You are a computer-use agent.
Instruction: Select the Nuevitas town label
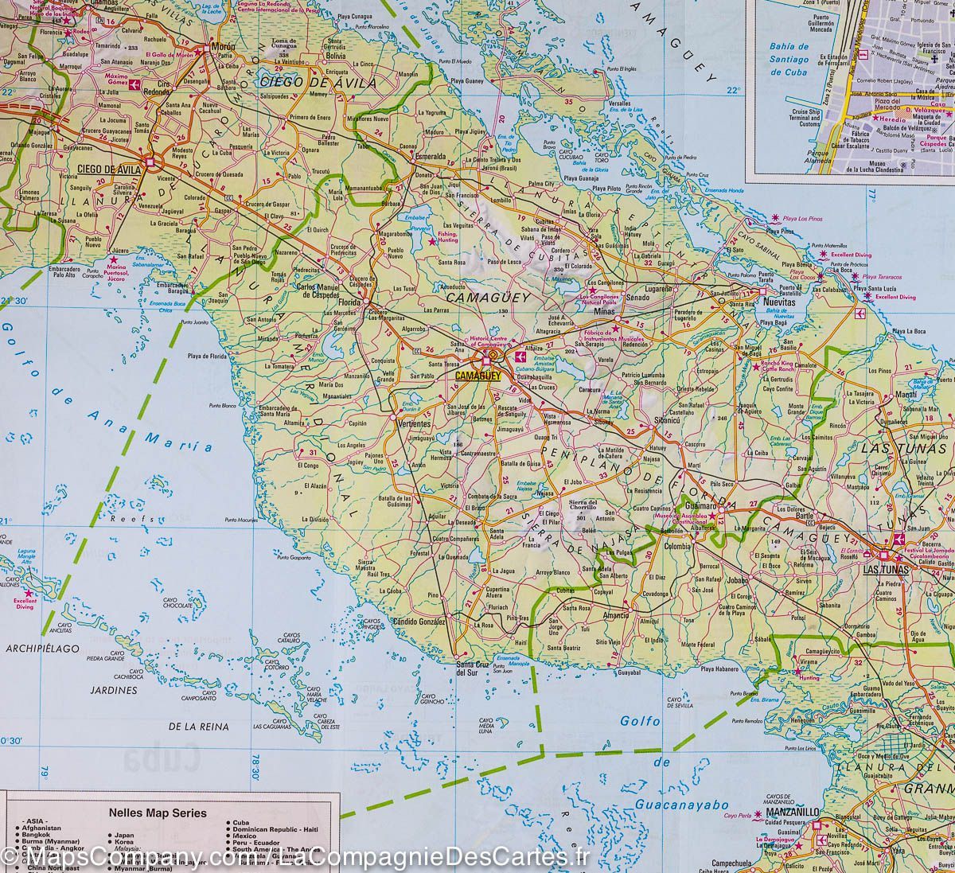click(778, 303)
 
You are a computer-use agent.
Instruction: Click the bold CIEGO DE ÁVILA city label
click(109, 169)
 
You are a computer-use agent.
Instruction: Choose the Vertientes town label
click(413, 424)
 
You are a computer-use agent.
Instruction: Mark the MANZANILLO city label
click(791, 810)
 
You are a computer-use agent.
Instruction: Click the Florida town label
click(349, 302)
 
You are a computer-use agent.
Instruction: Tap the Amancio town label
click(615, 615)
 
